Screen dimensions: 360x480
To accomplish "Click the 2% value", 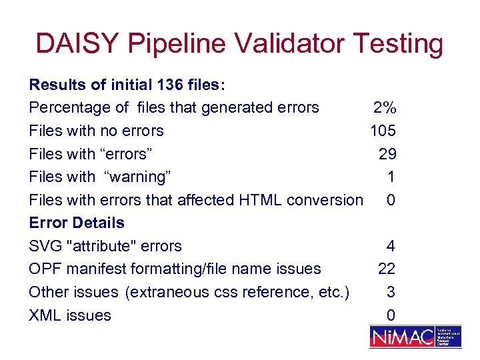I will click(384, 108).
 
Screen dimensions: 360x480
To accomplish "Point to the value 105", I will click(383, 131).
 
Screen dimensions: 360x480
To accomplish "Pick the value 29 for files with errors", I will click(387, 154).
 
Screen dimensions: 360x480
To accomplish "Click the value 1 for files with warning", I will click(391, 177).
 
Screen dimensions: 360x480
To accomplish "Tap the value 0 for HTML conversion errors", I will click(391, 200).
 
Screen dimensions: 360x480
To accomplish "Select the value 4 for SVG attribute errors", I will click(391, 246).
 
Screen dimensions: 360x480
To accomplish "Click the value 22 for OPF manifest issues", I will click(387, 269).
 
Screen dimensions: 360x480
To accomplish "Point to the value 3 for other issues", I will click(391, 292).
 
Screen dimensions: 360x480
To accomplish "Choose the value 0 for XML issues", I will click(391, 315).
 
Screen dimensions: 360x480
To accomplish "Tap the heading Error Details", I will click(77, 223).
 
